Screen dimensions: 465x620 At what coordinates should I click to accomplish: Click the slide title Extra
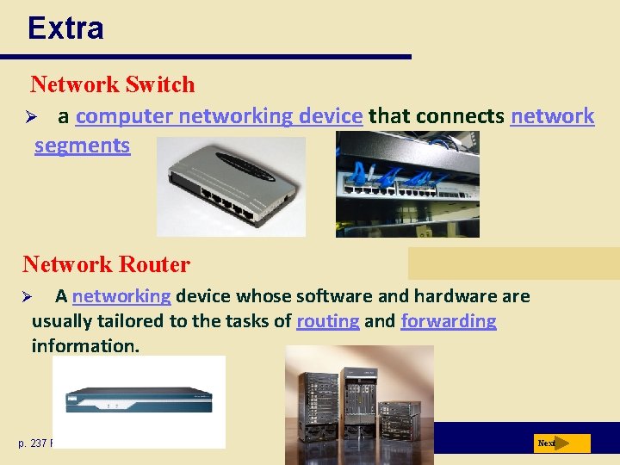point(65,28)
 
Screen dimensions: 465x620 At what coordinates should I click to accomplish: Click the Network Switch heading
point(112,84)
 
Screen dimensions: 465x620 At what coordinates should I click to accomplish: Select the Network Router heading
point(106,263)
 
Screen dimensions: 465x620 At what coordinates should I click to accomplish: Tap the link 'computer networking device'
point(219,116)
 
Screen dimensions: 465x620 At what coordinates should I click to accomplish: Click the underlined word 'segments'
point(82,146)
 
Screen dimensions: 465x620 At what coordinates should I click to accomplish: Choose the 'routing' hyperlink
point(327,321)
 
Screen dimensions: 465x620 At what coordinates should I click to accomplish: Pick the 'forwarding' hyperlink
point(448,321)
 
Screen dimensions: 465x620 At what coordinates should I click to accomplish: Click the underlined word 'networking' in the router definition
point(121,296)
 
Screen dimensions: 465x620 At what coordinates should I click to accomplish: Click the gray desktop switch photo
point(231,187)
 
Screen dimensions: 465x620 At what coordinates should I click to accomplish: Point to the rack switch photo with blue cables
point(407,184)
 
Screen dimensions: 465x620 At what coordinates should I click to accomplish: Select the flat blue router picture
point(139,400)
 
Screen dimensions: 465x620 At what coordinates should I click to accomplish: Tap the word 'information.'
point(84,346)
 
